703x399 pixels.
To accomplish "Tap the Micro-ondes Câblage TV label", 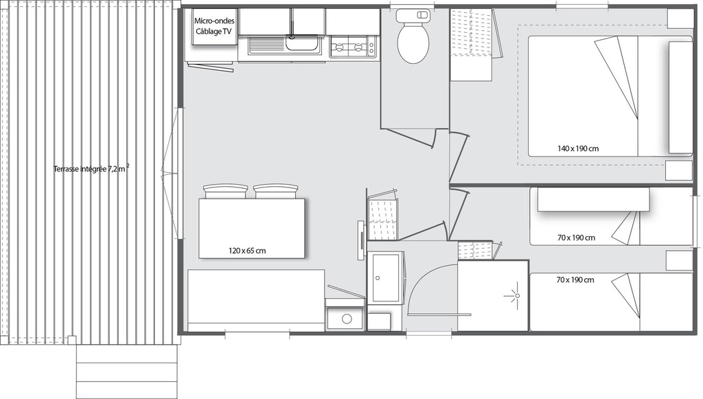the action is (214, 27).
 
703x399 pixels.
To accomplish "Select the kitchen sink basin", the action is (303, 45).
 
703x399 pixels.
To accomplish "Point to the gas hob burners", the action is (353, 47).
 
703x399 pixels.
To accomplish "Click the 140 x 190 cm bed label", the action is (578, 148).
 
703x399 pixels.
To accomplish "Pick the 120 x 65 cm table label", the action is (247, 251).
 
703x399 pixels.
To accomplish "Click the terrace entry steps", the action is (127, 366).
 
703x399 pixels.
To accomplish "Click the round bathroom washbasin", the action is (347, 319).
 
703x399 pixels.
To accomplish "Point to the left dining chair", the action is (225, 192).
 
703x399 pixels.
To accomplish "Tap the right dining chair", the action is (275, 192).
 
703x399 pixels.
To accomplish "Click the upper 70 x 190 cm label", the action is (576, 238).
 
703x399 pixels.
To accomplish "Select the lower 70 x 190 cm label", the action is (575, 280).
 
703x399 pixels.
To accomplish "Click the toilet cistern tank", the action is (413, 15).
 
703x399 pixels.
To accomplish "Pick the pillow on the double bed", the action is (680, 97).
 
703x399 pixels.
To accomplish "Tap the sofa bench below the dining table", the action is (256, 300).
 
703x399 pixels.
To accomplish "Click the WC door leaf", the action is (409, 137).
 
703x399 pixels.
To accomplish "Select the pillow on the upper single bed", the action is (594, 199).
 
